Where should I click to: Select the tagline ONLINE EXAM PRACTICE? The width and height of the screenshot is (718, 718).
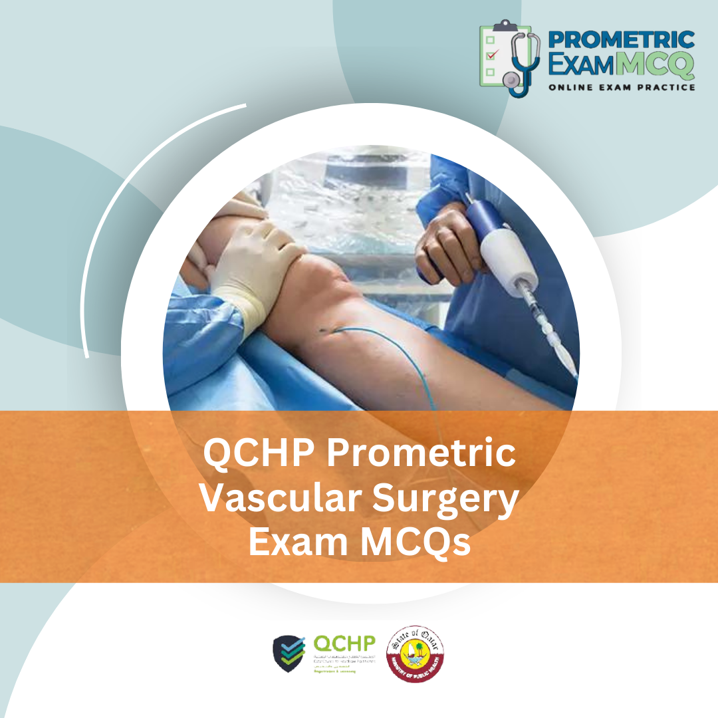(621, 87)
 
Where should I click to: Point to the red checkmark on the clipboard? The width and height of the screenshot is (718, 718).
(491, 55)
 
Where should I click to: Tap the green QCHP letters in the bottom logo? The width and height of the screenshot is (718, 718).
(344, 644)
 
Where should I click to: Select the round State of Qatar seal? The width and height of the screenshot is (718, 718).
(416, 654)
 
